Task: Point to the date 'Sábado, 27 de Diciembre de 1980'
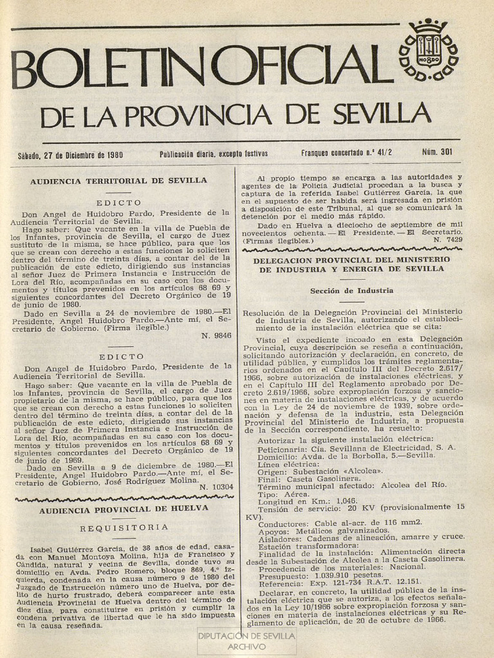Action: click(x=70, y=155)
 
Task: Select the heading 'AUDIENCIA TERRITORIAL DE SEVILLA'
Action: click(x=118, y=181)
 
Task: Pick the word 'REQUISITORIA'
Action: click(x=125, y=528)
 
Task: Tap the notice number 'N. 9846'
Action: click(x=216, y=335)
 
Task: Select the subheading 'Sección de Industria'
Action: click(x=352, y=291)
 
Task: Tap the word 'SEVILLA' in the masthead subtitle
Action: click(x=382, y=116)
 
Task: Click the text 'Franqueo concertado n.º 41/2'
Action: click(x=346, y=154)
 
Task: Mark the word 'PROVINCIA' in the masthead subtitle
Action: click(x=197, y=116)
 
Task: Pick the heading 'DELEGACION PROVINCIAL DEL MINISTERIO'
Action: click(x=351, y=260)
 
